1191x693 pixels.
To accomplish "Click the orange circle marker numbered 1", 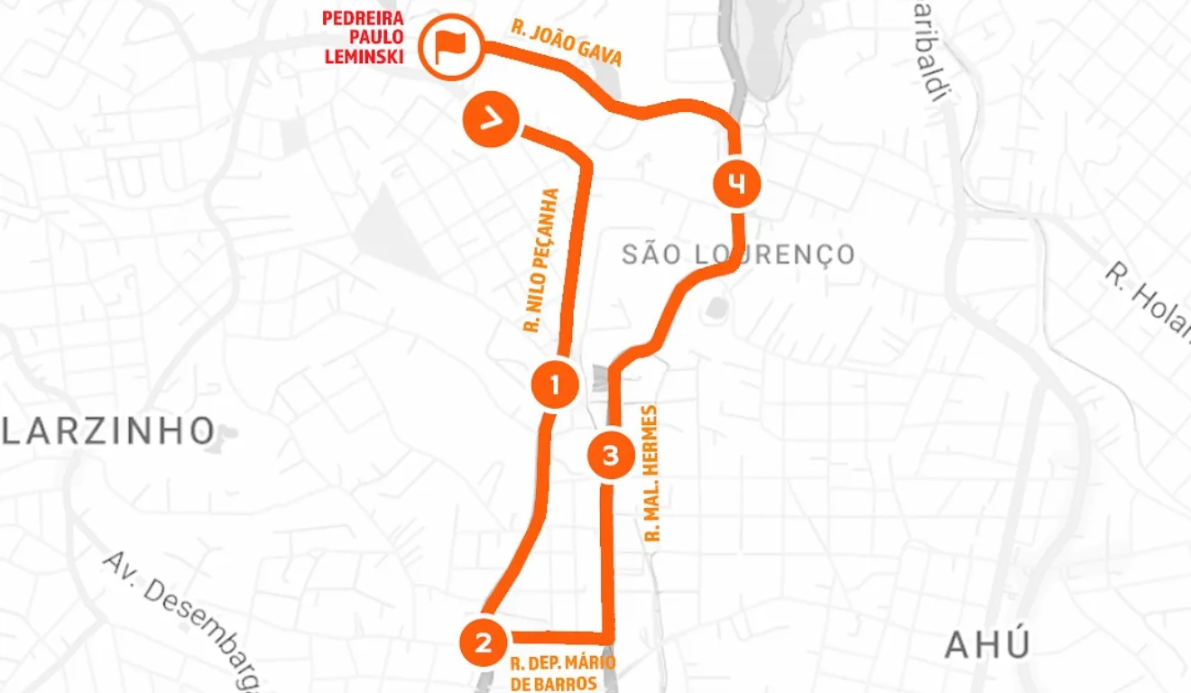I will click(x=554, y=386).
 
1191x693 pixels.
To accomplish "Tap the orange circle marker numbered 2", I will click(x=484, y=642).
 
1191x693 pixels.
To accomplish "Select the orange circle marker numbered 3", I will click(x=611, y=456).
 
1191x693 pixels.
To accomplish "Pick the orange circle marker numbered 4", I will click(x=737, y=184).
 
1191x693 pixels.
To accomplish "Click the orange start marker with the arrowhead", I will click(x=490, y=121).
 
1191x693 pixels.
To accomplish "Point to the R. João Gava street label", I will click(x=567, y=44).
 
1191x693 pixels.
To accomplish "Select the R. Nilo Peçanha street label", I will click(x=542, y=262).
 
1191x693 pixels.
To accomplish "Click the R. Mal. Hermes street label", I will click(x=653, y=473).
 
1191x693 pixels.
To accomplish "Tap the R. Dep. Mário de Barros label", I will click(x=560, y=673).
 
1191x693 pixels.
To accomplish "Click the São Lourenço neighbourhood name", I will click(x=738, y=255).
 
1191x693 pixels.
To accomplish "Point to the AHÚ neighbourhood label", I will click(x=987, y=645).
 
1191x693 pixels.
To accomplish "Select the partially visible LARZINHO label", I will click(x=106, y=431).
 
